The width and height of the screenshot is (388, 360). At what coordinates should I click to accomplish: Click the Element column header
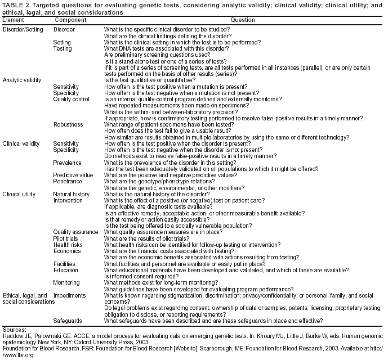pyautogui.click(x=13, y=20)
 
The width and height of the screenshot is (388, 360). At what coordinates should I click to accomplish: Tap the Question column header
pyautogui.click(x=242, y=20)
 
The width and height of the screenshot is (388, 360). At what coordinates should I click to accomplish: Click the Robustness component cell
pyautogui.click(x=68, y=124)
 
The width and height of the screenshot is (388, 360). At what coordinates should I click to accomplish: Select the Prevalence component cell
pyautogui.click(x=68, y=163)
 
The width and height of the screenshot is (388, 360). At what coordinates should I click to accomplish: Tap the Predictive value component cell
pyautogui.click(x=73, y=175)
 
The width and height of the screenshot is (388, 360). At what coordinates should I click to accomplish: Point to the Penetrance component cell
pyautogui.click(x=68, y=182)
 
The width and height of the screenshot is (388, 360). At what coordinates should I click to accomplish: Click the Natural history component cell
pyautogui.click(x=72, y=194)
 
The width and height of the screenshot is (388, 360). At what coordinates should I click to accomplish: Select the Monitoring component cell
pyautogui.click(x=66, y=282)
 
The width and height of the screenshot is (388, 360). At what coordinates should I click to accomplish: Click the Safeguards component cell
pyautogui.click(x=68, y=321)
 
